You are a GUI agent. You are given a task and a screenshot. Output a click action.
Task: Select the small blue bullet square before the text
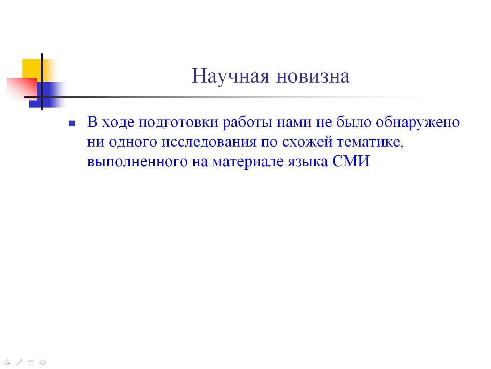click(x=72, y=123)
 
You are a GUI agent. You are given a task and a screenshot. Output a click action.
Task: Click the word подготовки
click(x=178, y=123)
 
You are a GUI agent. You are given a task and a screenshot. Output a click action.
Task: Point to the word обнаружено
click(x=417, y=122)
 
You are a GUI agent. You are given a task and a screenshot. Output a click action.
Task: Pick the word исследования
click(x=209, y=142)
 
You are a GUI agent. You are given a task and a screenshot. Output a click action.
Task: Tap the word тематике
click(x=370, y=142)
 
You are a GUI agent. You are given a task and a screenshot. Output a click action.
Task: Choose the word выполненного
click(x=137, y=162)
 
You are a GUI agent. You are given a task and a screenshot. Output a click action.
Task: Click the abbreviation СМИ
click(x=351, y=161)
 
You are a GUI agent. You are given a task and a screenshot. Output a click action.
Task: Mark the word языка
click(x=308, y=162)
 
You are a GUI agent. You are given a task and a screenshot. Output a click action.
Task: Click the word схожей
click(x=307, y=142)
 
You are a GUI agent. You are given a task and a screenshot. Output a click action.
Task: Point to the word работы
click(x=247, y=123)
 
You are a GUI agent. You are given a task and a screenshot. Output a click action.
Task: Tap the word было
click(x=354, y=122)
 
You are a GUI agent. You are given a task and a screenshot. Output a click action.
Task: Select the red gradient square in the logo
click(x=22, y=88)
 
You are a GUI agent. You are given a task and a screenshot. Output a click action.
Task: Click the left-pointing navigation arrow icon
click(x=7, y=362)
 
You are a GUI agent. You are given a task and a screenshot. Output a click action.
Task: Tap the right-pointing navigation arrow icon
click(x=42, y=362)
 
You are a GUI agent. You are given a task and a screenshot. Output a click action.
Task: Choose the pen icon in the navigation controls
click(x=19, y=362)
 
